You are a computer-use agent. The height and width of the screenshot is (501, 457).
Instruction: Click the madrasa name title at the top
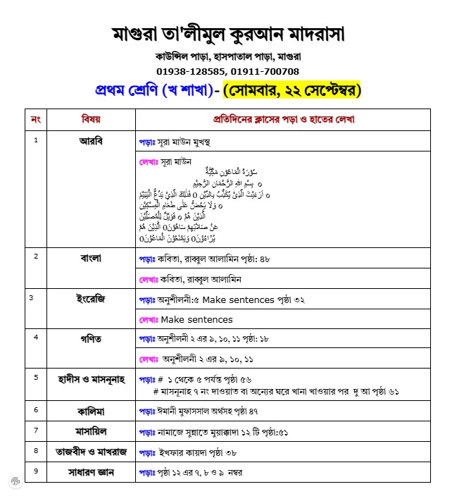click(228, 33)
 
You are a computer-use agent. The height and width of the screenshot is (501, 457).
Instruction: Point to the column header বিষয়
click(91, 119)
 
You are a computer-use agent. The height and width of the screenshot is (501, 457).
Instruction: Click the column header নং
click(36, 119)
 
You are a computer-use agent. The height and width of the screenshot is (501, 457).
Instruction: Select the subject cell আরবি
click(91, 140)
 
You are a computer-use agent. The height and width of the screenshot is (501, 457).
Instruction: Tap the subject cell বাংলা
click(91, 257)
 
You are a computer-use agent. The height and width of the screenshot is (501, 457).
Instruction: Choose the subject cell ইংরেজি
click(91, 298)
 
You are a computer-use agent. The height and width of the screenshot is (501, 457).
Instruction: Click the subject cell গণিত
click(91, 338)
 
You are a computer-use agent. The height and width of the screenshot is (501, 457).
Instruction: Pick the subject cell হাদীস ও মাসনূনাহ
click(91, 378)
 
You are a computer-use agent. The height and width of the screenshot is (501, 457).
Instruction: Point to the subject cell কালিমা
click(91, 409)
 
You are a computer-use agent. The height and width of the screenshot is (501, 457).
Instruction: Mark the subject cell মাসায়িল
click(91, 430)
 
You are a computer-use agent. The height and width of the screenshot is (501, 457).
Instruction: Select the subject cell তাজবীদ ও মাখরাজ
click(91, 450)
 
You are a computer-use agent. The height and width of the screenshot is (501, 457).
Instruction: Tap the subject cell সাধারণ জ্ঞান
click(91, 471)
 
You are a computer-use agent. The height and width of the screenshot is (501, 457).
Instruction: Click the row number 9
click(36, 469)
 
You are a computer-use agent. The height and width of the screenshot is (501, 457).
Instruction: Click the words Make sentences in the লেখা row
click(201, 319)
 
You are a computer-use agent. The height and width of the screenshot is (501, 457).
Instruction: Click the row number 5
click(36, 377)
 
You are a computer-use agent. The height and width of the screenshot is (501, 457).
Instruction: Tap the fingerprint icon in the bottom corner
click(15, 481)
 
